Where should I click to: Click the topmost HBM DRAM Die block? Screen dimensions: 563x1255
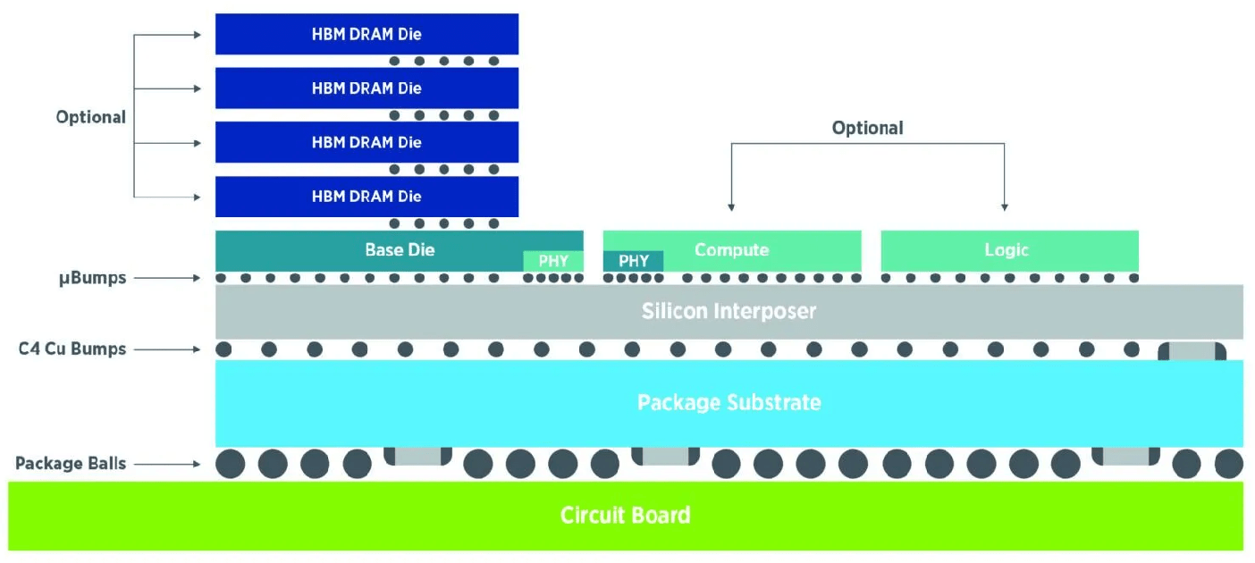pyautogui.click(x=366, y=34)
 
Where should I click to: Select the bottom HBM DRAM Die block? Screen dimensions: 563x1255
pyautogui.click(x=366, y=196)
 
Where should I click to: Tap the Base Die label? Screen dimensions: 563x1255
pyautogui.click(x=400, y=249)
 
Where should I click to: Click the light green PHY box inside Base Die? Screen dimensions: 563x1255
pyautogui.click(x=553, y=261)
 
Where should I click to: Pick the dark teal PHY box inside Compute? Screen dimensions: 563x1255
pyautogui.click(x=633, y=261)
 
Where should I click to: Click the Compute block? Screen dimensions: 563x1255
pyautogui.click(x=732, y=249)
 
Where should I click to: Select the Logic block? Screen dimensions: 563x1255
pyautogui.click(x=1008, y=250)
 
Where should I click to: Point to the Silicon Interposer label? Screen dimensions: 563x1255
pyautogui.click(x=729, y=311)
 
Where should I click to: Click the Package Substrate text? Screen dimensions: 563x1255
pyautogui.click(x=729, y=402)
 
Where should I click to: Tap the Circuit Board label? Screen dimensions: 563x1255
pyautogui.click(x=625, y=516)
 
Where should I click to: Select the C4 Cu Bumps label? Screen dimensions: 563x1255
pyautogui.click(x=72, y=349)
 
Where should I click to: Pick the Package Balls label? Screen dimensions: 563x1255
pyautogui.click(x=71, y=464)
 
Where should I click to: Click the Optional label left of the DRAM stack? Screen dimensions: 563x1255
pyautogui.click(x=90, y=117)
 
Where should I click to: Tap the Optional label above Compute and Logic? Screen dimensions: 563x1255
pyautogui.click(x=867, y=128)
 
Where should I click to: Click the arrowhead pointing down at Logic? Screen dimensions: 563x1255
pyautogui.click(x=1005, y=206)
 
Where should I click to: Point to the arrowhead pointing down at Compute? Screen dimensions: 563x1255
pyautogui.click(x=731, y=206)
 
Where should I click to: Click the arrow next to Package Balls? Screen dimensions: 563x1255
pyautogui.click(x=170, y=464)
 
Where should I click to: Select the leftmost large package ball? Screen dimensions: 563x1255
pyautogui.click(x=231, y=464)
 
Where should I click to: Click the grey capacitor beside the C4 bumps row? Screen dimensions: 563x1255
pyautogui.click(x=1192, y=350)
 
